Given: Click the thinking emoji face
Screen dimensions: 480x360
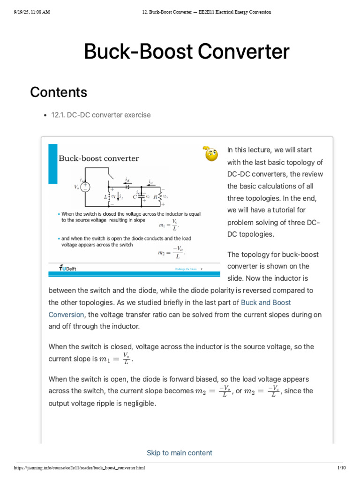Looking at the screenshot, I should pyautogui.click(x=211, y=153).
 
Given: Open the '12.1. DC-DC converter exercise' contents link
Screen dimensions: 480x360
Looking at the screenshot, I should pyautogui.click(x=101, y=115).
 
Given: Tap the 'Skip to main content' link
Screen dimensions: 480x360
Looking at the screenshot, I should pyautogui.click(x=180, y=453).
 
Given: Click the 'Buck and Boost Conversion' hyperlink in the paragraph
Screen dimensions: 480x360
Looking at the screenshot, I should pyautogui.click(x=266, y=303).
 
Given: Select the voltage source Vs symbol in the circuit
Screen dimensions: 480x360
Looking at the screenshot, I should pyautogui.click(x=85, y=187).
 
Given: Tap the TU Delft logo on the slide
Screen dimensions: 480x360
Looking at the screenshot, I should pyautogui.click(x=67, y=268).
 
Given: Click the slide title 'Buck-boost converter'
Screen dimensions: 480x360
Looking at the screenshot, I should pyautogui.click(x=98, y=158).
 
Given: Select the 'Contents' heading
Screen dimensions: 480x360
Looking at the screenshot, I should pyautogui.click(x=59, y=92).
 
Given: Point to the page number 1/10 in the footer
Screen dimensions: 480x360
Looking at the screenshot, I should pyautogui.click(x=341, y=468).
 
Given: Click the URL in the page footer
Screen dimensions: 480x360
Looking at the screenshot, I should pyautogui.click(x=79, y=468).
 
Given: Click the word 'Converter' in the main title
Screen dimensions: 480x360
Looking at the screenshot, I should pyautogui.click(x=237, y=52).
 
